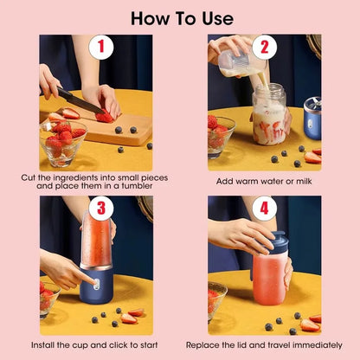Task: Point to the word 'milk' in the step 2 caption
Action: [x=293, y=181]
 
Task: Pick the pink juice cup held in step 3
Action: [x=96, y=246]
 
